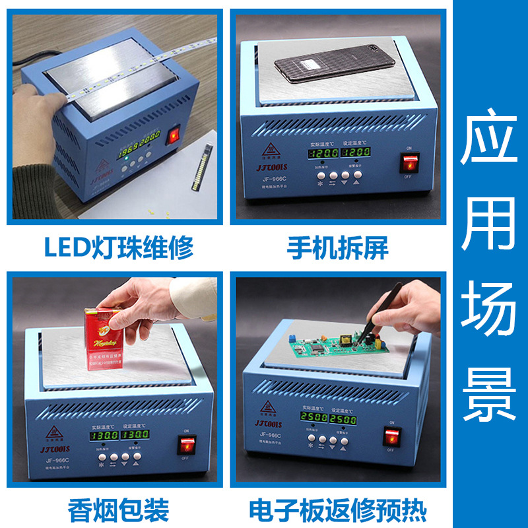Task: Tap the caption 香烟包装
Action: pos(119,510)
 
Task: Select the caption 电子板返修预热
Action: pos(337,510)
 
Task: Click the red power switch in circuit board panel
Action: pos(392,436)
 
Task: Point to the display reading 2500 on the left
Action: pos(314,420)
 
